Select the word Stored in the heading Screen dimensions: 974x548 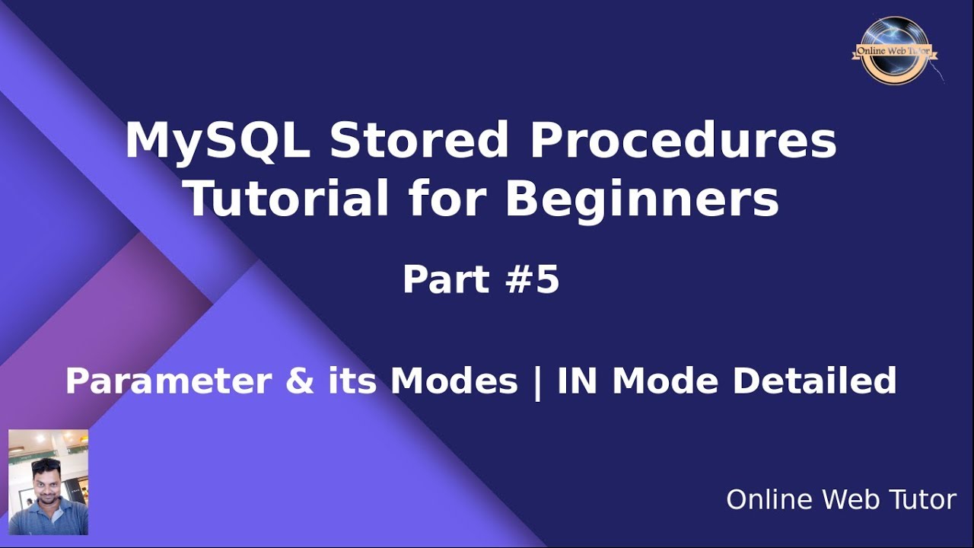pos(419,140)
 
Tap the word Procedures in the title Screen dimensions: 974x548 pos(683,140)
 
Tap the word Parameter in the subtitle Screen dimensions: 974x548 pos(169,381)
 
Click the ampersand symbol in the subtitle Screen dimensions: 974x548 pos(300,381)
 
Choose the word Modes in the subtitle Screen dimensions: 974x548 pos(454,381)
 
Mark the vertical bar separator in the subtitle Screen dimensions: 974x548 pos(537,383)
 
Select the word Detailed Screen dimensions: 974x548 pos(814,381)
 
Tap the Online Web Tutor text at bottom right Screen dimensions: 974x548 pos(842,499)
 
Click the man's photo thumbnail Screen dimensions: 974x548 pos(48,482)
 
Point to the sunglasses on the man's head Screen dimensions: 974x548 pos(46,464)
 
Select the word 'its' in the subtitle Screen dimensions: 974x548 pos(352,381)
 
